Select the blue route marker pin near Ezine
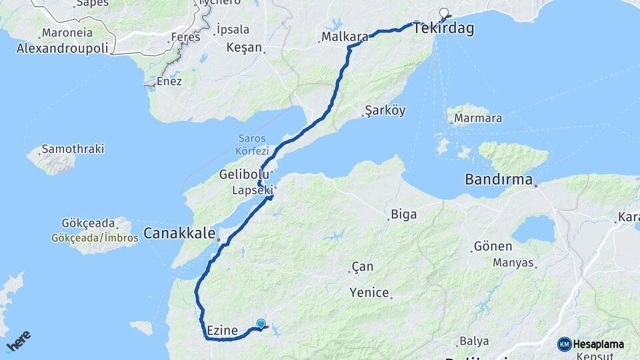[261, 325]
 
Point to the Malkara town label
[345, 37]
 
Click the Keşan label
[245, 47]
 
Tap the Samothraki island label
[73, 149]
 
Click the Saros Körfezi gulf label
[252, 145]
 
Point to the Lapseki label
[253, 190]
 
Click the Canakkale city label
[179, 234]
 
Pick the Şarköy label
[385, 111]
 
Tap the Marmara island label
[477, 119]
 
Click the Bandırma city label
[499, 180]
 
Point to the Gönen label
[493, 247]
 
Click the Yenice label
[369, 292]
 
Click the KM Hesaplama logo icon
[565, 344]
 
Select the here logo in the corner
[18, 341]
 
